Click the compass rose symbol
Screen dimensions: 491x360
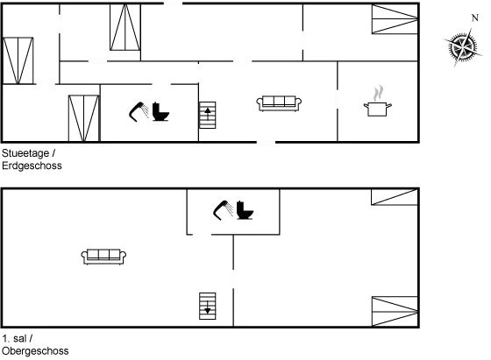(463, 47)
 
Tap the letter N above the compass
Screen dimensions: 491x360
(475, 18)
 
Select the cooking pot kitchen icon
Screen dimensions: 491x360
(378, 101)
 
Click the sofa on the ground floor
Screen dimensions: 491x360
(279, 103)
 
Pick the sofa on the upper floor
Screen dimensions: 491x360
(103, 257)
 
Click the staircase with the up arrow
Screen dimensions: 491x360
(208, 115)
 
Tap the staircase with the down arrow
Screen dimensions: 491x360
(208, 306)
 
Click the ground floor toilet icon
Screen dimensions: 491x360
(160, 111)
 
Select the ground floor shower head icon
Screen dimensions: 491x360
(139, 111)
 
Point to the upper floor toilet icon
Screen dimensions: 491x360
(245, 210)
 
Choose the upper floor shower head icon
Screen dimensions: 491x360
(223, 210)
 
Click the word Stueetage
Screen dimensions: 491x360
(25, 153)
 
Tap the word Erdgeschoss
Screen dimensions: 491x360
(32, 166)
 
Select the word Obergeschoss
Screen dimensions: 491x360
(35, 351)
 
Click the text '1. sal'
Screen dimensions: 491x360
(14, 338)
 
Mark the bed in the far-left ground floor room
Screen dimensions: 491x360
(18, 60)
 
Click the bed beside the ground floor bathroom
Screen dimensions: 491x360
(84, 118)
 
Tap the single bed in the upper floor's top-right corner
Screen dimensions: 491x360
(395, 197)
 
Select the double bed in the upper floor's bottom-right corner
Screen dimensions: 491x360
(395, 312)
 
